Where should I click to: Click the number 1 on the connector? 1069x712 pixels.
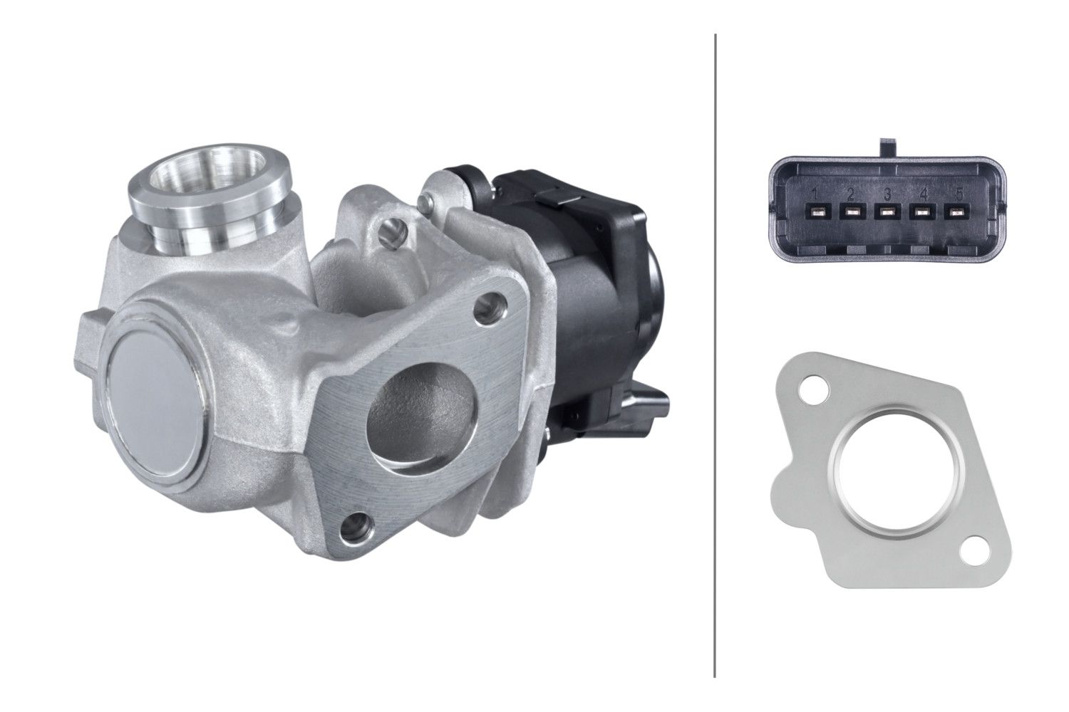click(x=816, y=194)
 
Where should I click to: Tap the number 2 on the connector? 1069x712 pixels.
click(x=850, y=194)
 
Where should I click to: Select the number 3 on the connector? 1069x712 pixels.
click(x=887, y=194)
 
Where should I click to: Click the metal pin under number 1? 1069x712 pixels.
click(x=816, y=212)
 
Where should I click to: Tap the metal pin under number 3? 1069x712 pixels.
click(x=887, y=212)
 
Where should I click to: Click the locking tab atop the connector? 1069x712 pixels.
click(x=887, y=147)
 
